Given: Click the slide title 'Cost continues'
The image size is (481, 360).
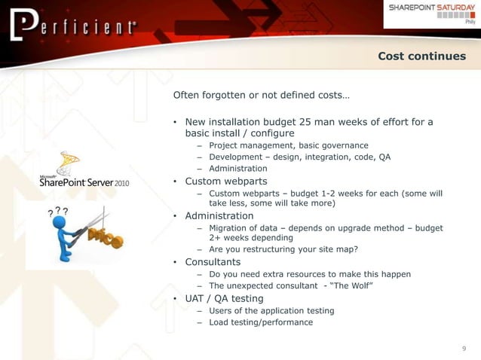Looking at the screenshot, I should click(x=421, y=56).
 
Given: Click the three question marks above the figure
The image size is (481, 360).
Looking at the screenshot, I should click(x=58, y=212).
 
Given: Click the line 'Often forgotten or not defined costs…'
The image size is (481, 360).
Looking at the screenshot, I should click(x=261, y=96).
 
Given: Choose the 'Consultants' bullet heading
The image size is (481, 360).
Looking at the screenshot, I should click(x=213, y=262).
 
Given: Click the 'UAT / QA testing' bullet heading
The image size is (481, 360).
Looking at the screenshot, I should click(x=224, y=298).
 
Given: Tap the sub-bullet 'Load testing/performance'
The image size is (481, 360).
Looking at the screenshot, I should click(x=260, y=322).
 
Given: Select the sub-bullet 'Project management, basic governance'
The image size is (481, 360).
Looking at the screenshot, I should click(x=288, y=145).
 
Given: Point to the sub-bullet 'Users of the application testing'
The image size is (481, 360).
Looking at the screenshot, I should click(x=271, y=310).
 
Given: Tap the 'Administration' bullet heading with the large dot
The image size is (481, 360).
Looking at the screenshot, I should click(x=219, y=216).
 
